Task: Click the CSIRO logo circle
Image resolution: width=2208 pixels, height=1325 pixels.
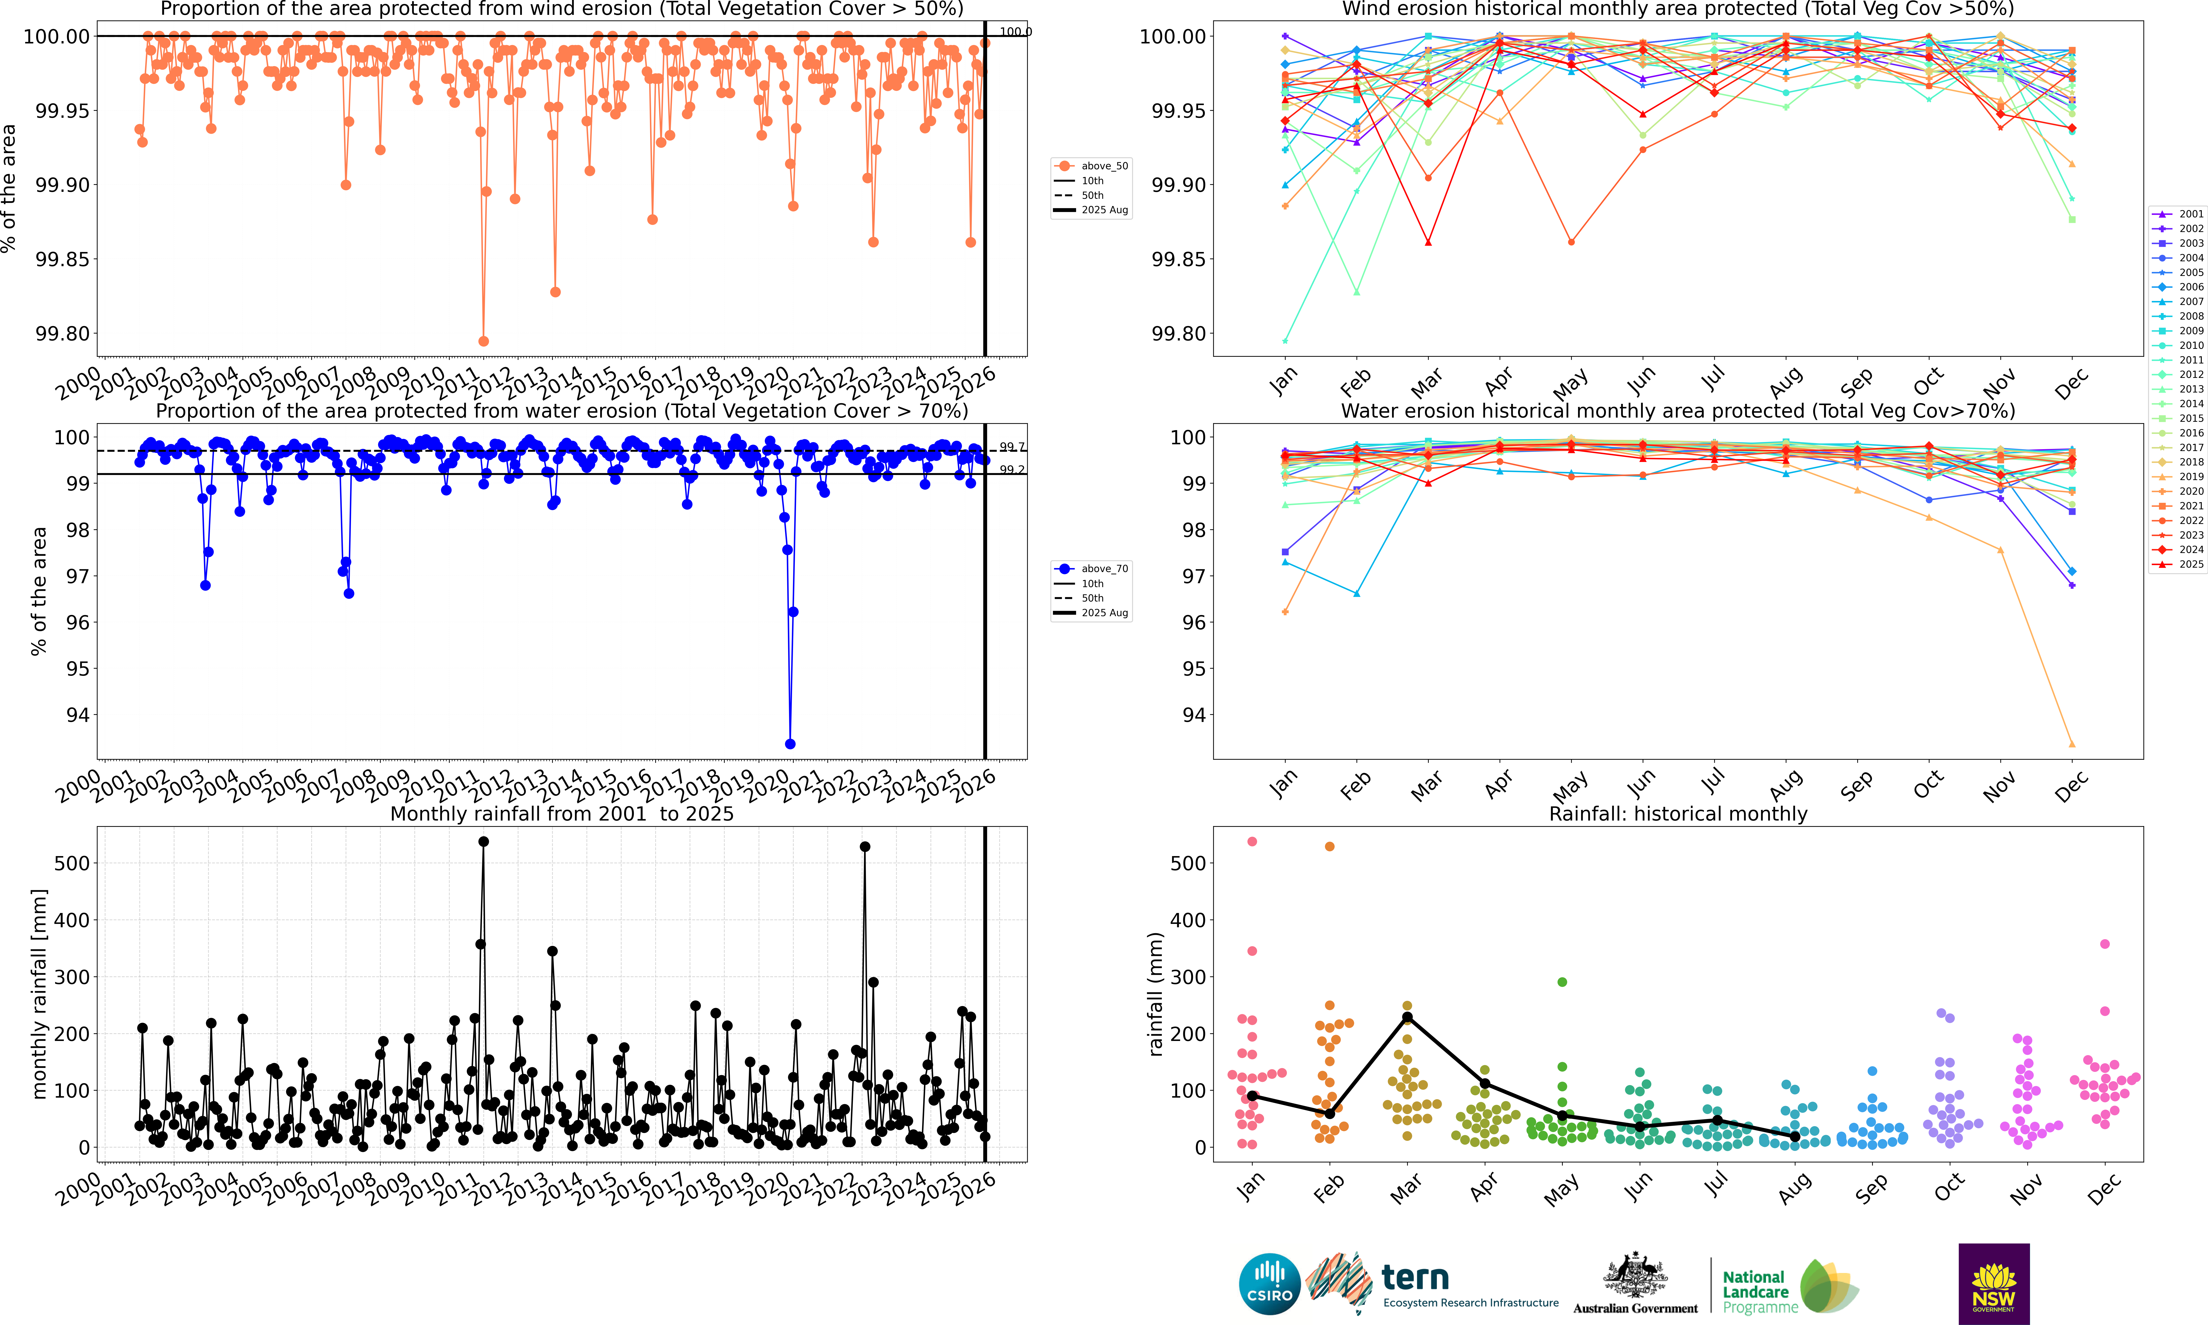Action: pos(1269,1284)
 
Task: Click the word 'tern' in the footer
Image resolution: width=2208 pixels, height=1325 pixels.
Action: pos(1414,1278)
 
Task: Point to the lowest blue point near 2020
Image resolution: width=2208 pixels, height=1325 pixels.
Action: pos(789,744)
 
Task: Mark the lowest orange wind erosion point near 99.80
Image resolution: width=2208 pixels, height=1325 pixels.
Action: pos(483,341)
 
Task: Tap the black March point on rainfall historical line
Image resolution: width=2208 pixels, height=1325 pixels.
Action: pos(1407,1017)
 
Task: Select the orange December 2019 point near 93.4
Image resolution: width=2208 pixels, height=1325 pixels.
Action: pos(2071,744)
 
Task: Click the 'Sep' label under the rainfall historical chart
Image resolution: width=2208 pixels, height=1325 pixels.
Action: pos(1872,1188)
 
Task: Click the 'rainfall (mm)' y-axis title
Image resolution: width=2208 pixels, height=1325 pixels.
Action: pos(1155,994)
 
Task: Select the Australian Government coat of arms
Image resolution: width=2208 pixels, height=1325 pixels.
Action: pos(1635,1275)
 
